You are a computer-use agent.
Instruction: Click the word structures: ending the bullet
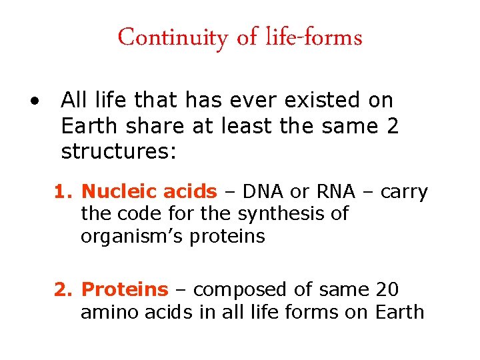119,152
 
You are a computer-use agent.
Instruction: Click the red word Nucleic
111,193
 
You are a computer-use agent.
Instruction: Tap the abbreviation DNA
264,193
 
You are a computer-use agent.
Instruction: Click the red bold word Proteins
125,290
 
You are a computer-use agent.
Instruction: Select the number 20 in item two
389,290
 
